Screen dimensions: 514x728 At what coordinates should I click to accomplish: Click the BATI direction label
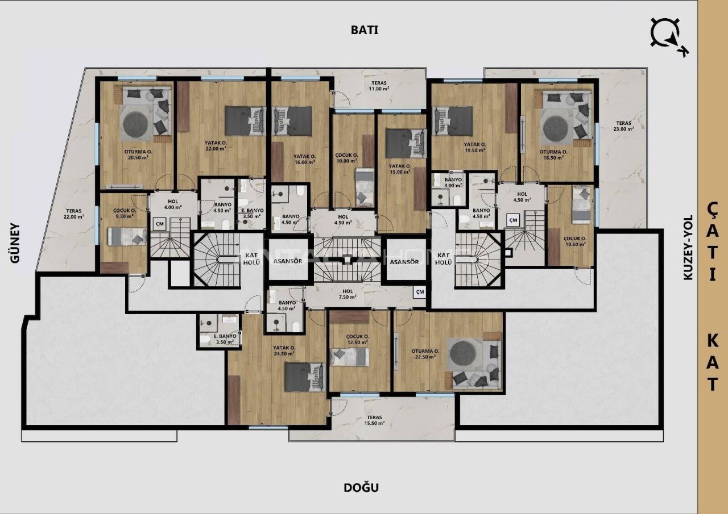(364, 31)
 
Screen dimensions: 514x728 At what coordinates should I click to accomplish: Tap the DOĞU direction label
(361, 487)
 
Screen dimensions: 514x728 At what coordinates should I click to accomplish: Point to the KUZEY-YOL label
(688, 247)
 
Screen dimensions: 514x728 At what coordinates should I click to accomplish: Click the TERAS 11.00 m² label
(378, 86)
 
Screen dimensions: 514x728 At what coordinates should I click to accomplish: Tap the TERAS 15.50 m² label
(374, 420)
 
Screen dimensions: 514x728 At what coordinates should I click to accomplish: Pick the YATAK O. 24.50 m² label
(284, 352)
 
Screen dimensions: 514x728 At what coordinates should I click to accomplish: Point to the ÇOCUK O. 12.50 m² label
(358, 339)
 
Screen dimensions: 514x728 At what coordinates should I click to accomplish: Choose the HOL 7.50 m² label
(348, 294)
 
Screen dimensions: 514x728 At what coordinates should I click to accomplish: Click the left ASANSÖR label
(287, 262)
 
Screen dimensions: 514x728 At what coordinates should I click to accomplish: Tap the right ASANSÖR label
(404, 262)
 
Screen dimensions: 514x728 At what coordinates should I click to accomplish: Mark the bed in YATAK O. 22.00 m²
(245, 120)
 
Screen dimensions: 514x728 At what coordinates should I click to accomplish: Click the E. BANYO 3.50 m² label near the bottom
(226, 339)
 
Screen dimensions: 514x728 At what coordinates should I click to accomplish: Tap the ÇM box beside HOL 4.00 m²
(160, 225)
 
